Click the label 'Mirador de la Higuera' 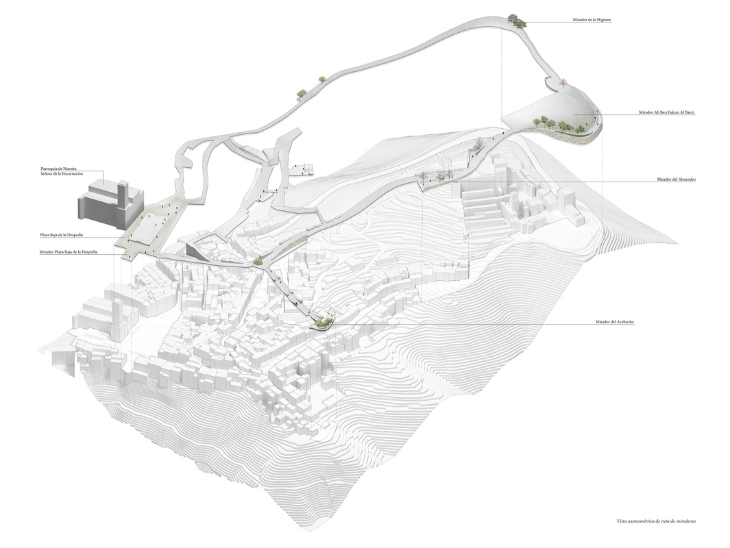pyautogui.click(x=592, y=21)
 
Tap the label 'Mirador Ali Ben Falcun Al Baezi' pyautogui.click(x=666, y=112)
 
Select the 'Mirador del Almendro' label pyautogui.click(x=676, y=179)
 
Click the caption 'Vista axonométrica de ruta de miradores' pyautogui.click(x=656, y=521)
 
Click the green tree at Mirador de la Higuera pyautogui.click(x=518, y=21)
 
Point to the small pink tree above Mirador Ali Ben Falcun pyautogui.click(x=563, y=82)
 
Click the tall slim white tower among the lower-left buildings pyautogui.click(x=117, y=322)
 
